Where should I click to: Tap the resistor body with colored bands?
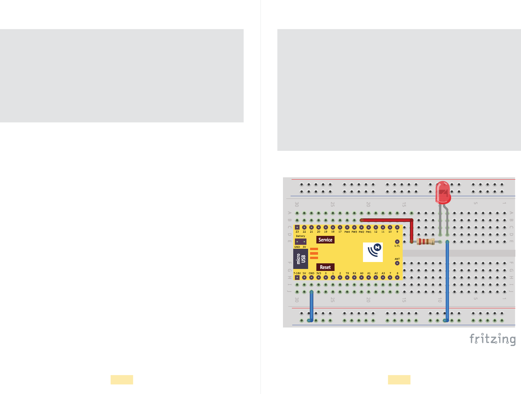coord(425,241)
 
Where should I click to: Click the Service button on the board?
coord(325,240)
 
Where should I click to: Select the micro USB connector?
coord(301,259)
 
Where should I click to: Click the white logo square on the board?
coord(373,252)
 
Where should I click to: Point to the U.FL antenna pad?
coord(397,242)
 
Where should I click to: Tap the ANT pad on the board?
coord(397,263)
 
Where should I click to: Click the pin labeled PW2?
coord(361,227)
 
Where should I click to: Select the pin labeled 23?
coord(297,227)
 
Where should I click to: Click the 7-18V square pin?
coord(297,278)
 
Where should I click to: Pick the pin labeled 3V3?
coord(319,278)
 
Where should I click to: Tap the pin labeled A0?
coord(362,278)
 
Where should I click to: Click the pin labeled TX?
coord(347,278)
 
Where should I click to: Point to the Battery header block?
coord(301,242)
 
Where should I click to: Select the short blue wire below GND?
coord(311,306)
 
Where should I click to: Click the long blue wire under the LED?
coord(447,281)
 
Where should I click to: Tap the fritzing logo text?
coord(492,339)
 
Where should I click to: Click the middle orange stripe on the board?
coord(314,253)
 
